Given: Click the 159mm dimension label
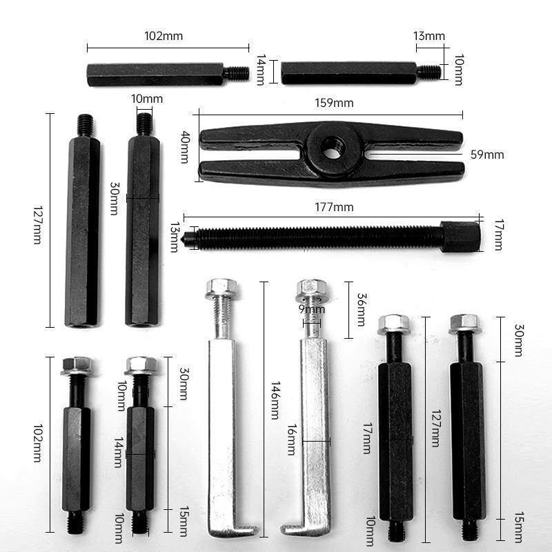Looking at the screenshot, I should pyautogui.click(x=333, y=103).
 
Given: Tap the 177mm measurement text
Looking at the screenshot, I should pyautogui.click(x=333, y=207).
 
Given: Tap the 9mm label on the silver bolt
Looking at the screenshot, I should pyautogui.click(x=311, y=310).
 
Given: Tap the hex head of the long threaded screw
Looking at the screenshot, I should pyautogui.click(x=458, y=237).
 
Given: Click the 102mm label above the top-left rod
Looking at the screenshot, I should pyautogui.click(x=164, y=36).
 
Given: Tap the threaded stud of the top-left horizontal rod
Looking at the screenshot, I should pyautogui.click(x=238, y=70).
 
